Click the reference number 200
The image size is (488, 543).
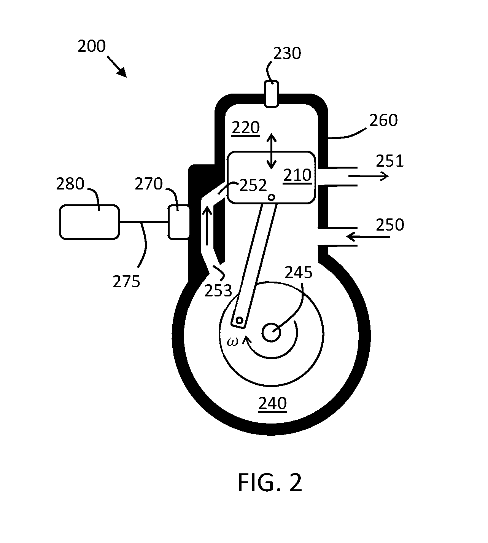[92, 46]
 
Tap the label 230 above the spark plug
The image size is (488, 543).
[287, 53]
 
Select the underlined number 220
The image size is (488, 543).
[245, 128]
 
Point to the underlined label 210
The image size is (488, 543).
[297, 175]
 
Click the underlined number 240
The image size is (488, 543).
[272, 404]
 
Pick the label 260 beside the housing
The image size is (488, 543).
[383, 120]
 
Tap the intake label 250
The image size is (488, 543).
[390, 225]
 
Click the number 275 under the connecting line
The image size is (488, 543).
[126, 282]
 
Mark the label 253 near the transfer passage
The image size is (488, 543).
[218, 291]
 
